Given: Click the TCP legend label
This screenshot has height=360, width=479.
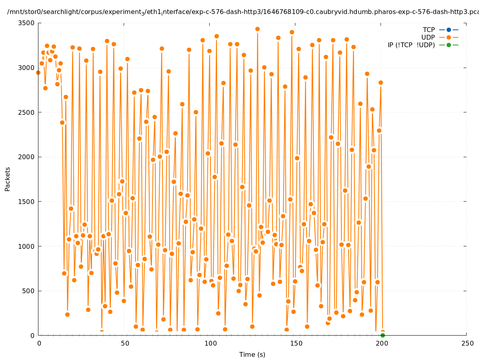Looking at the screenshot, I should tap(429, 30).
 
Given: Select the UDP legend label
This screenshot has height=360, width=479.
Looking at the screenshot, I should tap(428, 37).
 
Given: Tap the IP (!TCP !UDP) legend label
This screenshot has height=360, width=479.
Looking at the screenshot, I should tap(411, 45).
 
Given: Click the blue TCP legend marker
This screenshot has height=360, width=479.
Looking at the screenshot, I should tap(449, 30).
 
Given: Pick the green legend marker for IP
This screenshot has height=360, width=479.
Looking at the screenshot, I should tap(449, 45).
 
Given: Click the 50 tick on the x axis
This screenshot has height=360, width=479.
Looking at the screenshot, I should tap(125, 343).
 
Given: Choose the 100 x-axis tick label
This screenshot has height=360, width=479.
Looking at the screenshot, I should tap(210, 343).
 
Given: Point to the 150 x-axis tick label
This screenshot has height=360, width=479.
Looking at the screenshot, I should tap(296, 343).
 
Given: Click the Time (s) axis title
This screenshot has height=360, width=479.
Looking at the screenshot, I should tap(252, 354).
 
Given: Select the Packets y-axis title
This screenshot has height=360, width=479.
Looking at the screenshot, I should tap(8, 179).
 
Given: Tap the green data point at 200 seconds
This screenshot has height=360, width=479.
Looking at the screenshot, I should tap(383, 335).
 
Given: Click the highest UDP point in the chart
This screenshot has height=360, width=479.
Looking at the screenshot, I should tap(257, 29).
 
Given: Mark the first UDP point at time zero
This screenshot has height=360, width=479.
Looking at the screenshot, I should tap(38, 72).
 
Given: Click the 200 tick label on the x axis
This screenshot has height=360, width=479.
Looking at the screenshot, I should tap(381, 343).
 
